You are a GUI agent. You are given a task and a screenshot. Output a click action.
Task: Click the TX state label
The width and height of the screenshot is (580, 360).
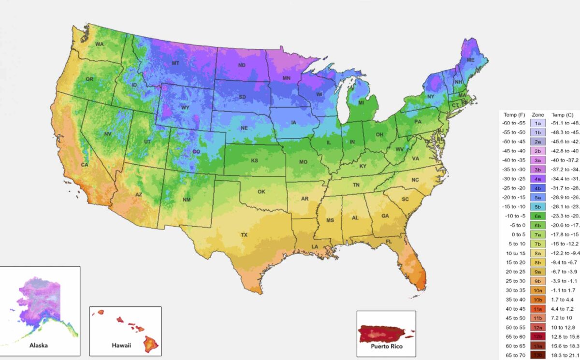pyautogui.click(x=244, y=234)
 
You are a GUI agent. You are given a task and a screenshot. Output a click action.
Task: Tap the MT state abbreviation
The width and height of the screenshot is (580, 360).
pyautogui.click(x=176, y=63)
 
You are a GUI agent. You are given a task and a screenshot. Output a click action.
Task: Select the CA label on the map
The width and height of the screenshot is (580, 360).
pyautogui.click(x=85, y=164)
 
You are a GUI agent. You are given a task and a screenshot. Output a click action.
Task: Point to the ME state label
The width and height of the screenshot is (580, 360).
pyautogui.click(x=470, y=60)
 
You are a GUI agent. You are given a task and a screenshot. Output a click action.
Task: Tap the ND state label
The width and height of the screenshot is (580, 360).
pyautogui.click(x=243, y=65)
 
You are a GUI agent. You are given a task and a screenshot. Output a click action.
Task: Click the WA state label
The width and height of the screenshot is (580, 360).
pyautogui.click(x=100, y=44)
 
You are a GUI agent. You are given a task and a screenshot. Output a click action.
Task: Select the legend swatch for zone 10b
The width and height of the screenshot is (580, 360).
pyautogui.click(x=537, y=300)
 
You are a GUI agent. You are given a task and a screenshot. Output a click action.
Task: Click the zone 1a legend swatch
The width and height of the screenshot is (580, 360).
pyautogui.click(x=537, y=123)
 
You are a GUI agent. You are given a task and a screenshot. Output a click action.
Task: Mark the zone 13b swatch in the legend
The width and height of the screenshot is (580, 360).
pyautogui.click(x=537, y=355)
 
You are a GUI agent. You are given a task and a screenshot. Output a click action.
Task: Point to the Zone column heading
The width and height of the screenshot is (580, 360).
pyautogui.click(x=537, y=115)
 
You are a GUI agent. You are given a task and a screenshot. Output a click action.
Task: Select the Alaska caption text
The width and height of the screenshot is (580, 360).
pyautogui.click(x=38, y=346)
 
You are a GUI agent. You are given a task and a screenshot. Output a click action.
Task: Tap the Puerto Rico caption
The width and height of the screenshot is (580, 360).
pyautogui.click(x=386, y=346)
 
